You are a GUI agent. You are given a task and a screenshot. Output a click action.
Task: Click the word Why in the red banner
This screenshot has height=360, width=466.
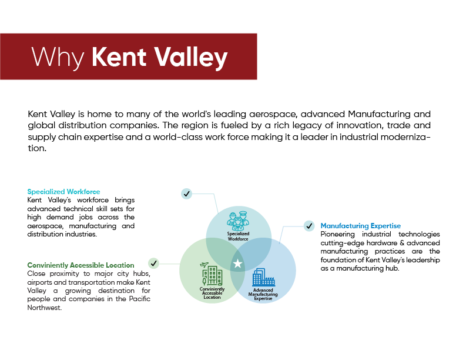[58, 58]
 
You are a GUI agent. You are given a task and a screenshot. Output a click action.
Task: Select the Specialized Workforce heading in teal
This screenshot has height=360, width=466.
[63, 192]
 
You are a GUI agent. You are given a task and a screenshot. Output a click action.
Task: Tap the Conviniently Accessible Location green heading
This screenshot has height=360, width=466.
[81, 265]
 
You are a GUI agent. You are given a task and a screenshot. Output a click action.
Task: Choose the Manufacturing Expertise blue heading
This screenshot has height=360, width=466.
[360, 226]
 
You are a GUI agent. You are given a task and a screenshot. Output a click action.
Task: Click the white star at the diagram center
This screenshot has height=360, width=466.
[237, 264]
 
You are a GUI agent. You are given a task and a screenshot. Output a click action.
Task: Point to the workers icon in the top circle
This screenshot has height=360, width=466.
[238, 221]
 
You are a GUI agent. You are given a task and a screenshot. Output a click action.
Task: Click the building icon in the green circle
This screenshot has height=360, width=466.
[212, 274]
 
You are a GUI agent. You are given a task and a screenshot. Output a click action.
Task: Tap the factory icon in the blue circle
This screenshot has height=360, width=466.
[263, 277]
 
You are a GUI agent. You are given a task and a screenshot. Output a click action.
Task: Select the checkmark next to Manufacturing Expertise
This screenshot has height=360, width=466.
[309, 226]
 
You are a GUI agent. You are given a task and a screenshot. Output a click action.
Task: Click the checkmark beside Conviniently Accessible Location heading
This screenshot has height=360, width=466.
[153, 264]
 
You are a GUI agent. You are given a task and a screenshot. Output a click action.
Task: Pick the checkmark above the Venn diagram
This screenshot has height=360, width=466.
[186, 194]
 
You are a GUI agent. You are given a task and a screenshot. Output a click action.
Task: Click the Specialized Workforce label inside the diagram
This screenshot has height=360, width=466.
[238, 236]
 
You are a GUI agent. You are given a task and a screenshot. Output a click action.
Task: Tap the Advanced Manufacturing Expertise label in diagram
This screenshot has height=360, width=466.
[263, 294]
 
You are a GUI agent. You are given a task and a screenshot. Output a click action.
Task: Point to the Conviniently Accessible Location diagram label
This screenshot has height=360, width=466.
[212, 293]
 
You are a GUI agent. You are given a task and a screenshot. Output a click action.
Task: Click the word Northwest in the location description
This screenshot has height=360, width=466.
[44, 308]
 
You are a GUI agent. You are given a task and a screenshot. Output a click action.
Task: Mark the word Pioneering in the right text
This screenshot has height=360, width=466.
[337, 235]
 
